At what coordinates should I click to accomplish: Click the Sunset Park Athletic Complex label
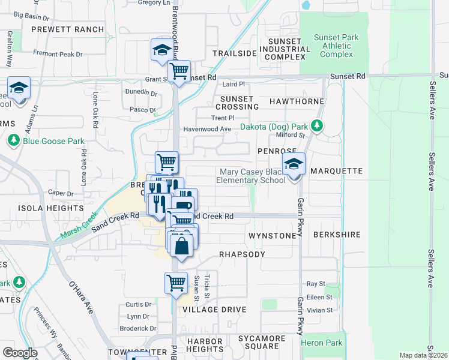[336, 46]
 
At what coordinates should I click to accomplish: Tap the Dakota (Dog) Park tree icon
[318, 127]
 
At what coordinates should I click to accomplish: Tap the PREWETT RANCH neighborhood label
[67, 29]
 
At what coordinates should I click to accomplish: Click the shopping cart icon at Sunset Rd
[179, 71]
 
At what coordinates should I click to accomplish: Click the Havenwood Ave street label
[207, 129]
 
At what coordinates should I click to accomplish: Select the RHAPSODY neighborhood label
[242, 254]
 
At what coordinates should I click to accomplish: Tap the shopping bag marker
[181, 245]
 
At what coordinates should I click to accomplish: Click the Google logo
[20, 353]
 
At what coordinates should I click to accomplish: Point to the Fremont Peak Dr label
[58, 54]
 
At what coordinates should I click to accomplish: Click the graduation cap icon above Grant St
[161, 51]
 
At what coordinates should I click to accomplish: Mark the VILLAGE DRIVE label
[214, 310]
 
